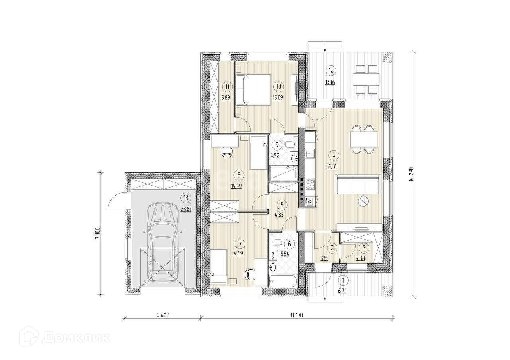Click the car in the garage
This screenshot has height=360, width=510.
162,243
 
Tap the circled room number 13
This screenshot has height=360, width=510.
186,198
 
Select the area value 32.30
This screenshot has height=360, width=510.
332,166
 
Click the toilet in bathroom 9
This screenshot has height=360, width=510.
289,144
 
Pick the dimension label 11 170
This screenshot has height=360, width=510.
296,315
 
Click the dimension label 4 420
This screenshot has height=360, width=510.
163,315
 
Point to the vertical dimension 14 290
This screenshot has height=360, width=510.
411,174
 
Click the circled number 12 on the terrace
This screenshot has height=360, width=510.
331,70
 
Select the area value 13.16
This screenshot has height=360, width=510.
330,82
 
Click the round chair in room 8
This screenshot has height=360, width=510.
67,152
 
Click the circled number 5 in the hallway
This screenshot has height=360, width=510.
282,205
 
